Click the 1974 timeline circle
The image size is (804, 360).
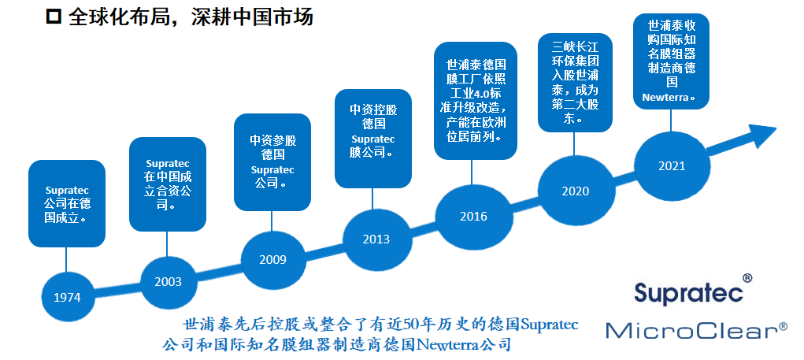(68, 297)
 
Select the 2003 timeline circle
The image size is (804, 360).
(169, 282)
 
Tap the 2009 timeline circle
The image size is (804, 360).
(272, 260)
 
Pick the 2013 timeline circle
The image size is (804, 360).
(376, 239)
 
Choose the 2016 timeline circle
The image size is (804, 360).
(474, 217)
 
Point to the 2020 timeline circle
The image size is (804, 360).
(576, 191)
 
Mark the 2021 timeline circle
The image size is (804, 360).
(672, 166)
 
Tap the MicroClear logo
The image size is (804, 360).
(697, 330)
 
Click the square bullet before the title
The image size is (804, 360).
(54, 17)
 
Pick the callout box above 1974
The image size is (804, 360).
(67, 203)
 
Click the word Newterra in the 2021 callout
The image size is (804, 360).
(666, 98)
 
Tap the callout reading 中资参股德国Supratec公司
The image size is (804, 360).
(272, 162)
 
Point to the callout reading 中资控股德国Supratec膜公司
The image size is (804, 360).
(373, 139)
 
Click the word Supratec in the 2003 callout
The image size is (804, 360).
(168, 164)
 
